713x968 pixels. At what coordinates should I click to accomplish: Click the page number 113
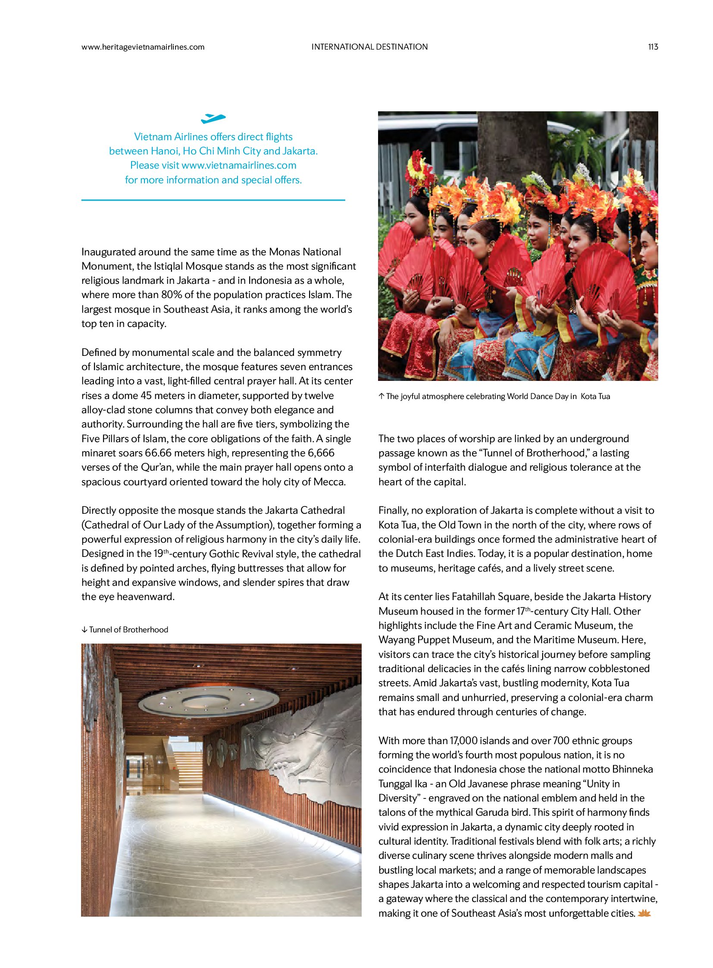pyautogui.click(x=653, y=47)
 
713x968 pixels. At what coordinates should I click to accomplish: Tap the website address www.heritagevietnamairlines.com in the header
pyautogui.click(x=143, y=47)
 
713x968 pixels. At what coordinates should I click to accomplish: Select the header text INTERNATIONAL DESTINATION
pyautogui.click(x=369, y=47)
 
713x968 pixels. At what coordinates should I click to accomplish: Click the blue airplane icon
pyautogui.click(x=213, y=118)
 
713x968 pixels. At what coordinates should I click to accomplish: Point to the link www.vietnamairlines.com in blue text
pyautogui.click(x=239, y=166)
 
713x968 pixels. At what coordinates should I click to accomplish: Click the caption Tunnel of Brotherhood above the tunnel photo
pyautogui.click(x=128, y=630)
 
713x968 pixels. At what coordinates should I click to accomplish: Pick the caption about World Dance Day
pyautogui.click(x=497, y=396)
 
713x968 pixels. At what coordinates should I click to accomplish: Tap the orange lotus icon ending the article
pyautogui.click(x=644, y=914)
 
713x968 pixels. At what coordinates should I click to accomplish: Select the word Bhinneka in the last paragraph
pyautogui.click(x=632, y=769)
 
